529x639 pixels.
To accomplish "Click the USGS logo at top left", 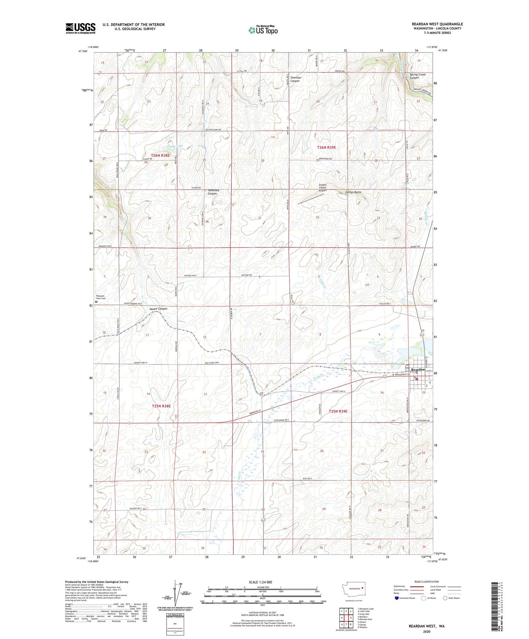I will [80, 28].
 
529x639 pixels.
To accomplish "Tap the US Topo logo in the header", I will [263, 30].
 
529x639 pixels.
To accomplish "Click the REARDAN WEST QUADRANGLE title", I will [437, 24].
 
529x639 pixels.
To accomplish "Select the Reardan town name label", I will [418, 369].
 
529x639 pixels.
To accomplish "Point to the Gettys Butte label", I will [353, 192].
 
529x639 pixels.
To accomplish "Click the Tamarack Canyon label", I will [213, 192].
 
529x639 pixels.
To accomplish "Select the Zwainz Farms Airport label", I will [322, 188].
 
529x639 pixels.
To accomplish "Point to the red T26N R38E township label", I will [160, 155].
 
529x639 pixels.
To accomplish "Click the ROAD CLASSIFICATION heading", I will [427, 582].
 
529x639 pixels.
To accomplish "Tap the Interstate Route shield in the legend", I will [397, 598].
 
